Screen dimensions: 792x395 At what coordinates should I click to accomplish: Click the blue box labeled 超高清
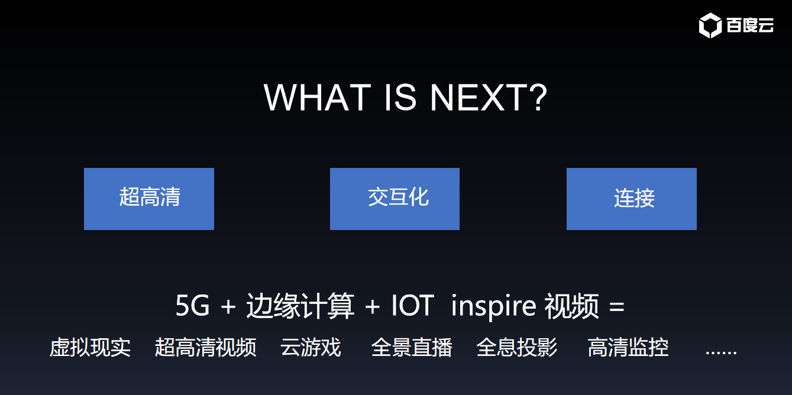click(149, 199)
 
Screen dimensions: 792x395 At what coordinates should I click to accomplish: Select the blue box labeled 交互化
click(395, 199)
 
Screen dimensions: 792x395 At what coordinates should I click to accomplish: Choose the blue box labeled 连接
click(632, 199)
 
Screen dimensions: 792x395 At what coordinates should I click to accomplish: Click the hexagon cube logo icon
click(710, 25)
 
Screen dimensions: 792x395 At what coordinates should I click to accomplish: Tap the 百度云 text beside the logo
click(750, 25)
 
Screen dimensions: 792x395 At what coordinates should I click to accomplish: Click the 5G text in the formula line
click(192, 305)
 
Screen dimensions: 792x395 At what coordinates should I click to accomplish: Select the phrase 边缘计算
click(300, 306)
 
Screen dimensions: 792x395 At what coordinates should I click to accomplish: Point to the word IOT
click(413, 305)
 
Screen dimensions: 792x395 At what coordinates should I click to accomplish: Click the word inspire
click(493, 306)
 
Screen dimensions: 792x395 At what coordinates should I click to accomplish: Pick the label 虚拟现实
click(90, 347)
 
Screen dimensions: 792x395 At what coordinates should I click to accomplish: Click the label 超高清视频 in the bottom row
click(205, 347)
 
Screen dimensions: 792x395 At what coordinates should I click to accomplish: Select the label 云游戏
click(311, 347)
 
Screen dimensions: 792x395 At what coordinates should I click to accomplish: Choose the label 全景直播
click(412, 347)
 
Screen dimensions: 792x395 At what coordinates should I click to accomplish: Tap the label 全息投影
click(517, 347)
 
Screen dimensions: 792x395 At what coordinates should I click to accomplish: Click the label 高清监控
click(628, 347)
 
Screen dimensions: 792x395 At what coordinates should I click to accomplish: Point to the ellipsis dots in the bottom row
click(721, 352)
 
